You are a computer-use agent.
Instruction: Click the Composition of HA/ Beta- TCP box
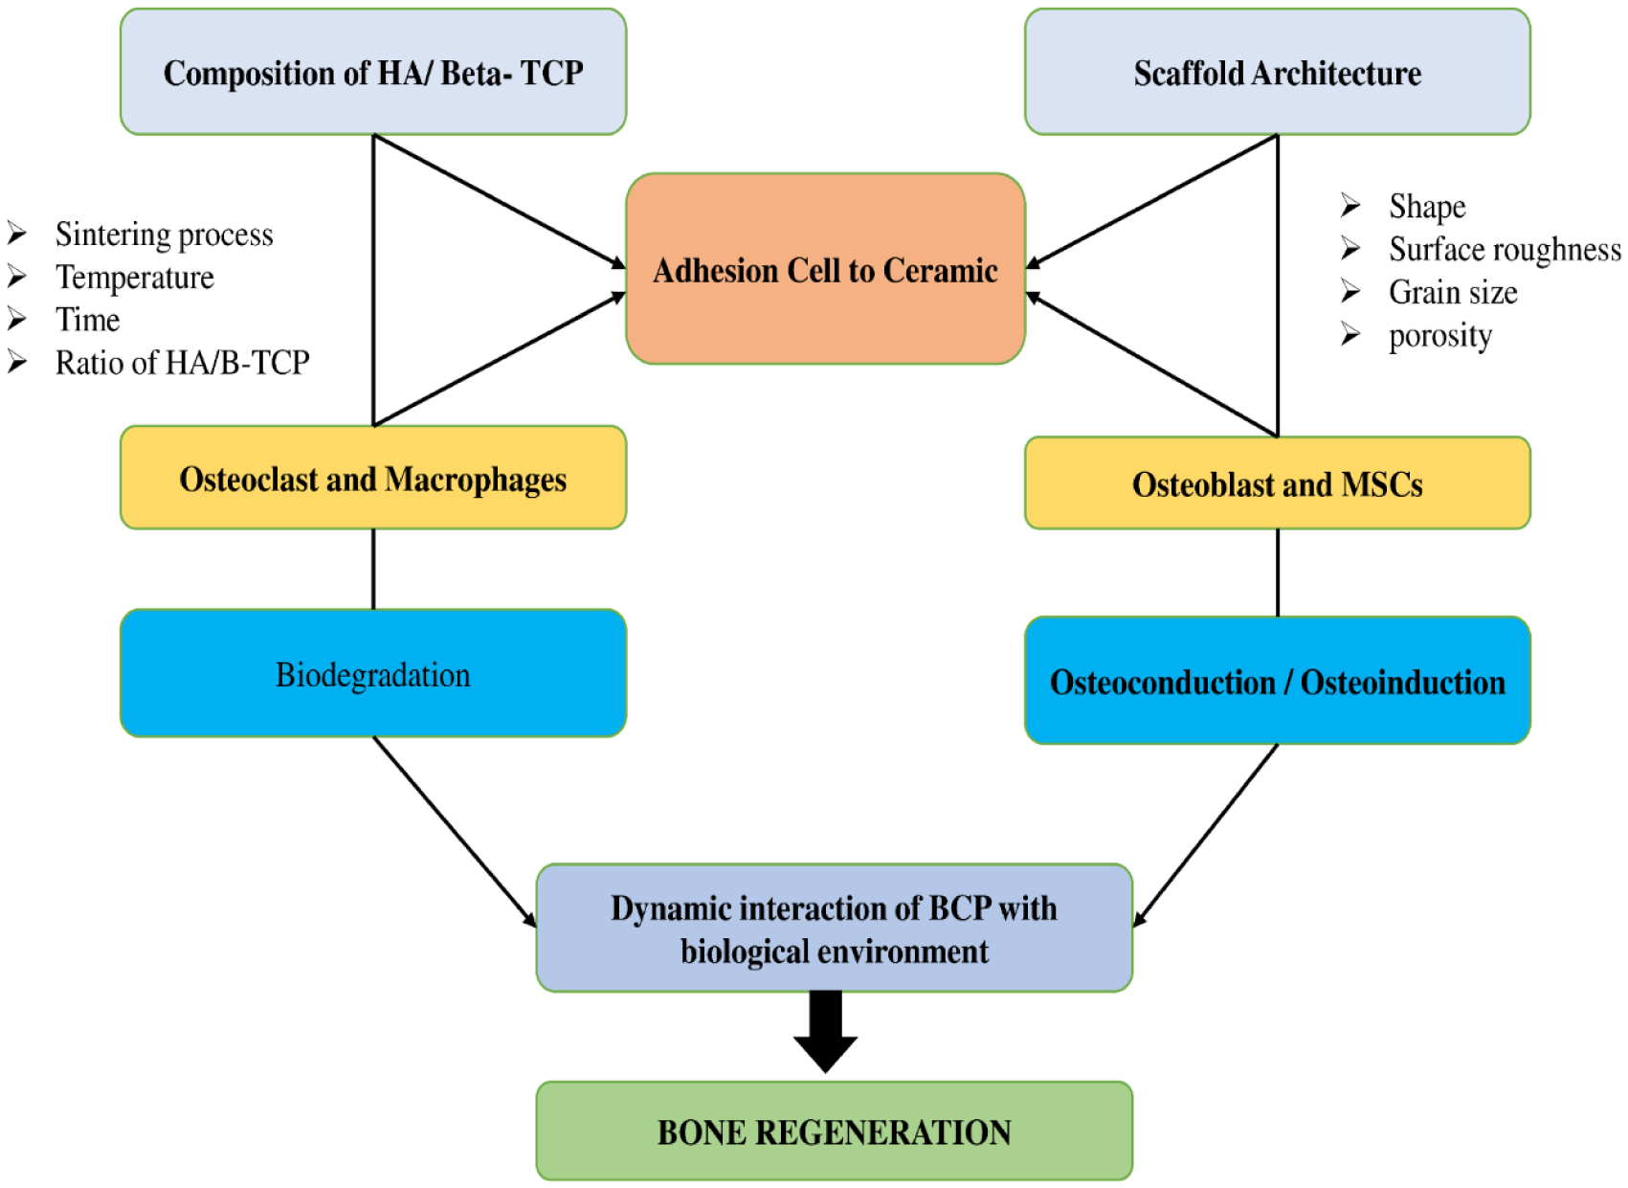point(373,73)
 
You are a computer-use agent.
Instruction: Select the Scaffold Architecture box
point(1277,73)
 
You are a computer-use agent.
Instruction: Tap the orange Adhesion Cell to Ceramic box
point(825,270)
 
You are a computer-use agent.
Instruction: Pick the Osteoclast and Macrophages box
point(373,478)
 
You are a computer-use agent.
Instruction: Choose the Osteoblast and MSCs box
point(1277,483)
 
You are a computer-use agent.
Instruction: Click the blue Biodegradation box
point(373,674)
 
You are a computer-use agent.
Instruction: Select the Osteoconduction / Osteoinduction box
point(1277,681)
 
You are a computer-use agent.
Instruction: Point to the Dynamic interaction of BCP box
point(834,928)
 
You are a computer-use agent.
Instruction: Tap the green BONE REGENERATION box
point(834,1132)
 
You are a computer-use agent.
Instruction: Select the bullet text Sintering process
point(164,235)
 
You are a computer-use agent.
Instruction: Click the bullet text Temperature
point(134,278)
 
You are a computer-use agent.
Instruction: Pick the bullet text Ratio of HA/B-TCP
point(182,363)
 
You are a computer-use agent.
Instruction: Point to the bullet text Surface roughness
point(1505,250)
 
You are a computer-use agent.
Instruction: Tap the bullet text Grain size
point(1453,293)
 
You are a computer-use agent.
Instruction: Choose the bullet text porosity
point(1440,336)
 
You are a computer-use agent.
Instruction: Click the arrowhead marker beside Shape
point(1350,206)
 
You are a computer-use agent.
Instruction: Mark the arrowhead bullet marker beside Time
point(17,319)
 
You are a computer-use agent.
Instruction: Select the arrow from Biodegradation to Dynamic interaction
point(454,831)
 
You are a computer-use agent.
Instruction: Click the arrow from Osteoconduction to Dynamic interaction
point(1206,835)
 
